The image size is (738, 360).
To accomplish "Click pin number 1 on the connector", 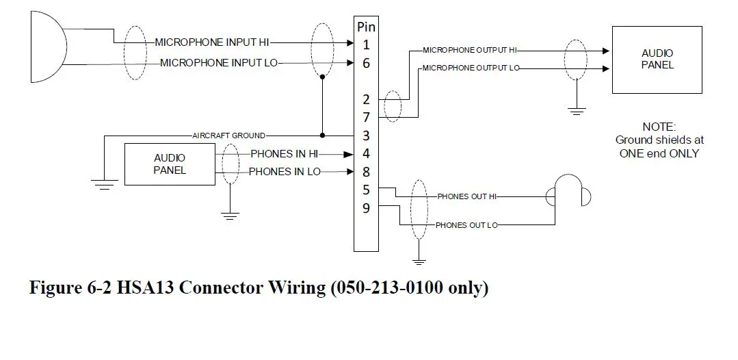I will [366, 45].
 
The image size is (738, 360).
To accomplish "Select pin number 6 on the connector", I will [366, 63].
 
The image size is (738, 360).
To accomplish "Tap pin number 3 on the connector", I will [366, 136].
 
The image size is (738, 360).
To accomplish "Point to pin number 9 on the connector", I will [366, 208].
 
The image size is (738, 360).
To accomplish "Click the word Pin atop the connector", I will [366, 27].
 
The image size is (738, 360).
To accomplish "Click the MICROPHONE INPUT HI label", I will [212, 42].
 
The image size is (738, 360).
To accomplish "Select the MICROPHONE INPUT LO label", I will [219, 63].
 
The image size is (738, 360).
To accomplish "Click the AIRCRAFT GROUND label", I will [228, 136].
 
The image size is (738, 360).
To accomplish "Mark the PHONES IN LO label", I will [285, 172].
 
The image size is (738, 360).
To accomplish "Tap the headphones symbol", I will [571, 192].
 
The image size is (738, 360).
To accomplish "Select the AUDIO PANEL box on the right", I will [657, 60].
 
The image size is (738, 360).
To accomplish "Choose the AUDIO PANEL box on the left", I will [169, 164].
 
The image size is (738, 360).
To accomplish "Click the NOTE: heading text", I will [659, 127].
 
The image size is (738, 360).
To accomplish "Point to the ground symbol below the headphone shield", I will [419, 261].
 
